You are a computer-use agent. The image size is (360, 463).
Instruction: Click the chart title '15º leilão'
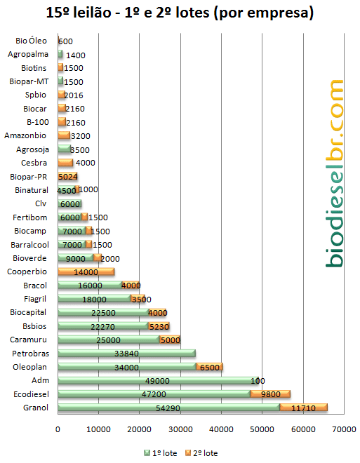point(79,13)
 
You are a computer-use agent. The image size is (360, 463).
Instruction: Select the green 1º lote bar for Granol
point(168,408)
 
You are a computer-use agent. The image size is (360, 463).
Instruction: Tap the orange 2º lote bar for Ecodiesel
point(270,394)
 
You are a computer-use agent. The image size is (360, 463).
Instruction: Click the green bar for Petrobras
point(127,353)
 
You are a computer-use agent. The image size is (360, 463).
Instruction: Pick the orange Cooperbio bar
point(86,271)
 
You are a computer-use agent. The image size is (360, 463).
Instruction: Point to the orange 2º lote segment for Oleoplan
point(209,367)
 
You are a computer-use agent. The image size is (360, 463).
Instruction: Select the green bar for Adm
point(158,380)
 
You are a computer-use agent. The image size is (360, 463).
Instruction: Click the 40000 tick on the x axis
point(221,429)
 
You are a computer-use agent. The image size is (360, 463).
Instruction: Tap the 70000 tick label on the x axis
point(344,429)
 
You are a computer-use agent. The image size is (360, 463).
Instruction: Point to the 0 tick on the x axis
point(58,429)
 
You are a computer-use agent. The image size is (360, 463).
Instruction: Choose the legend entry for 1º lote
point(161,453)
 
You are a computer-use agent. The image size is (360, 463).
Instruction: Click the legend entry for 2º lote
point(201,453)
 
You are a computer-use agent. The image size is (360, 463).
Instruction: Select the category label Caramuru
point(28,340)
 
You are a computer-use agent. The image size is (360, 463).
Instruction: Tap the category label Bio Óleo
point(31,41)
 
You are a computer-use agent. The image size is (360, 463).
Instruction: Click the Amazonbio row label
point(25,135)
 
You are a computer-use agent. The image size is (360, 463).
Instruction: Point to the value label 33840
point(127,354)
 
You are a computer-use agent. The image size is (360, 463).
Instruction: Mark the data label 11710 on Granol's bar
point(303,408)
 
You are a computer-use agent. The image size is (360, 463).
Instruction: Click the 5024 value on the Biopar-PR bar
point(67,177)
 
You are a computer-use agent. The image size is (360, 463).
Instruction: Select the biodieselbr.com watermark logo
point(335,173)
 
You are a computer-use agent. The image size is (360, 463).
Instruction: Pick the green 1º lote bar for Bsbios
point(103,326)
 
